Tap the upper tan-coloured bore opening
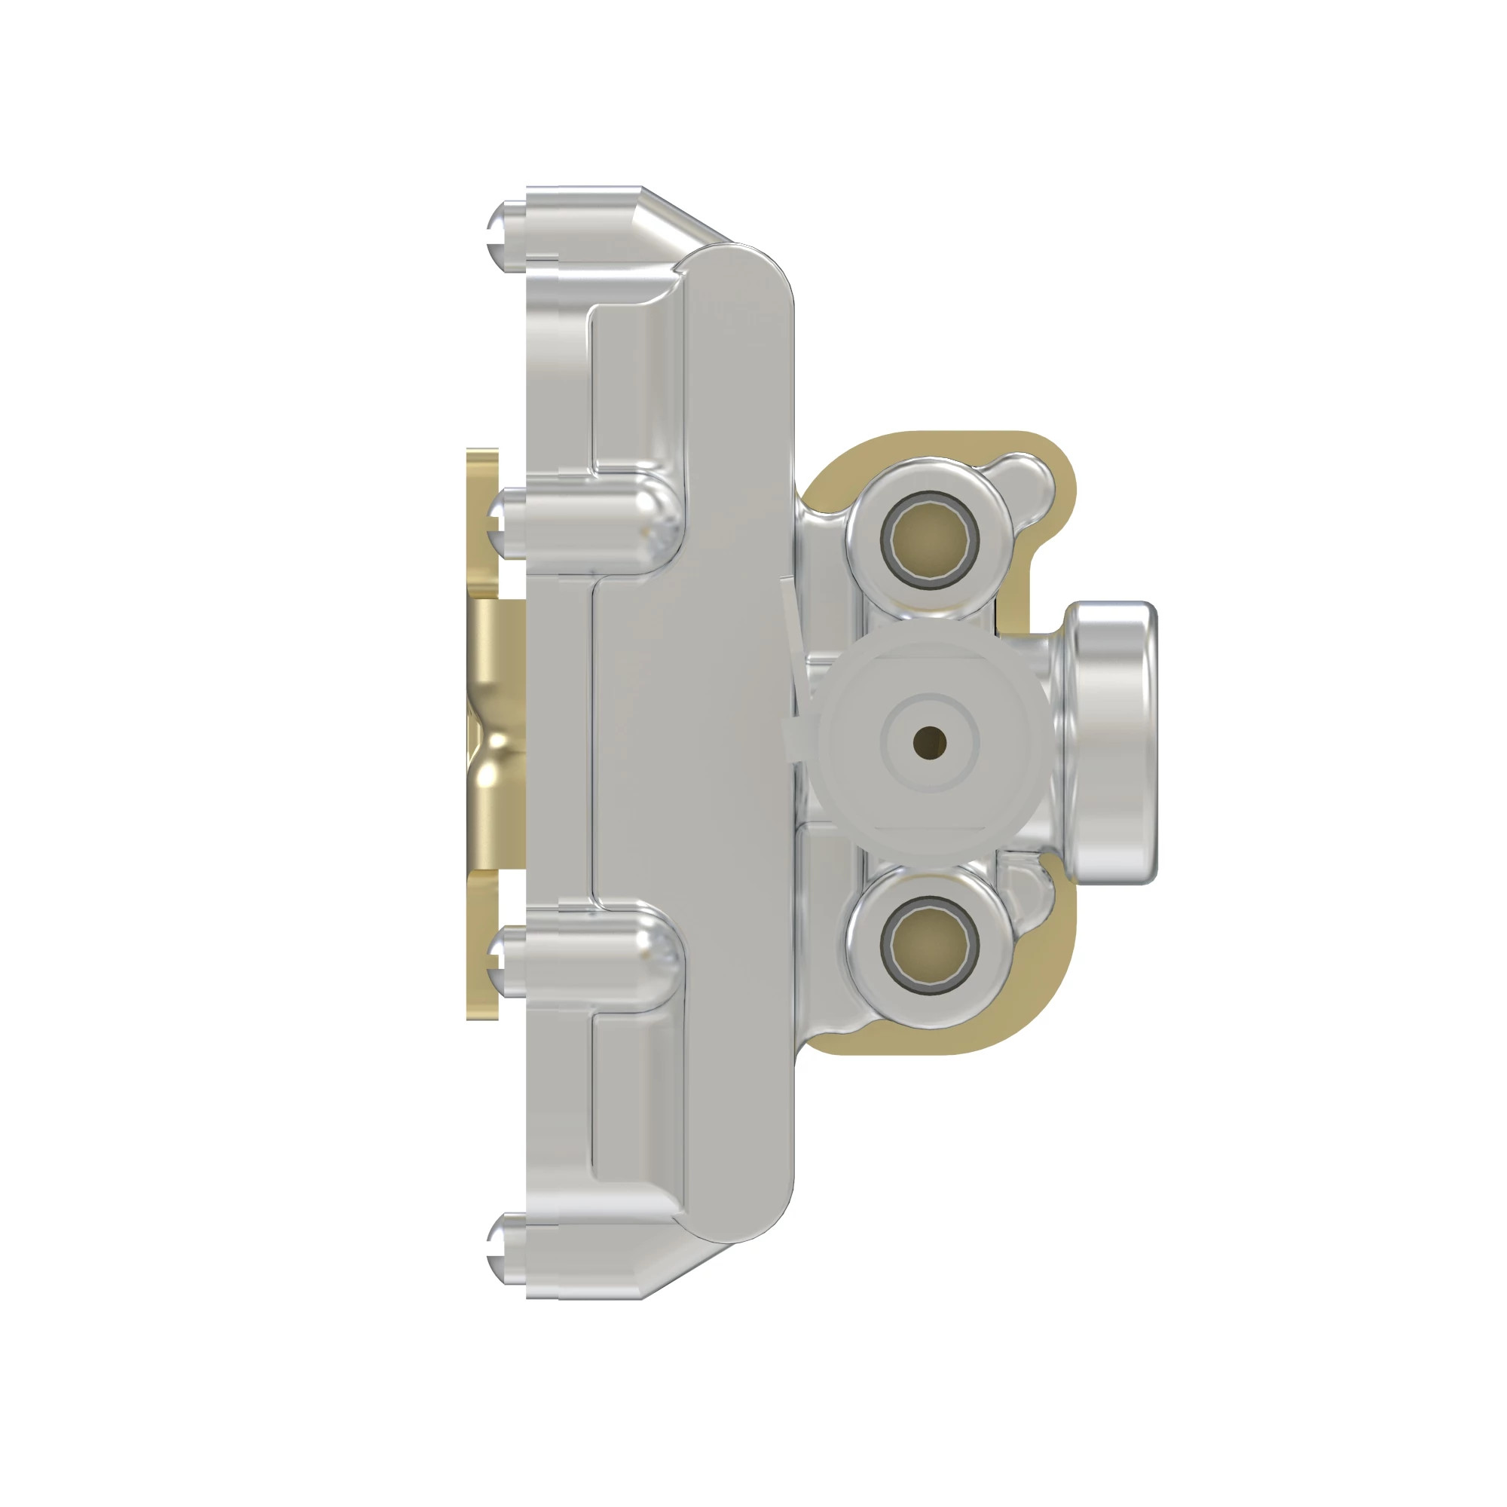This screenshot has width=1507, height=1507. click(928, 539)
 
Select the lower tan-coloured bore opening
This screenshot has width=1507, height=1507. click(928, 945)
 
